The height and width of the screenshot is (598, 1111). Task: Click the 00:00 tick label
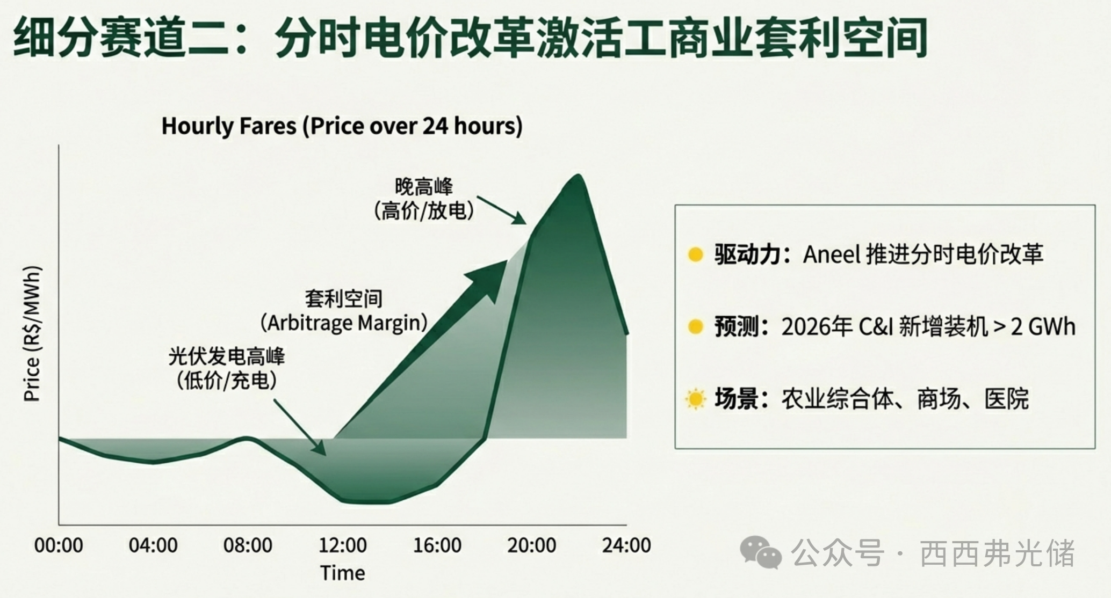[59, 545]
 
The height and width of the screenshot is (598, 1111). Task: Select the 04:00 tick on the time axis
[153, 545]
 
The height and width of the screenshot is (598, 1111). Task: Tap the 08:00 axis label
[248, 545]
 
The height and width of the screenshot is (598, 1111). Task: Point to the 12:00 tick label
[343, 545]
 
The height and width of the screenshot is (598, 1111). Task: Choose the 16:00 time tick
[437, 545]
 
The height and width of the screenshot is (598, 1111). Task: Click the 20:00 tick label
[532, 545]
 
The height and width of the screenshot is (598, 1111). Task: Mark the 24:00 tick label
[626, 545]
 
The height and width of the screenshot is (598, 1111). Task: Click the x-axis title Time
[343, 573]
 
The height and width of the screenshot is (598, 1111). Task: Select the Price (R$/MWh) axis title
[32, 333]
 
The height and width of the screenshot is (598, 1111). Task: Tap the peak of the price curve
[578, 175]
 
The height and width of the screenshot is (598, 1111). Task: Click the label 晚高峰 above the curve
[424, 187]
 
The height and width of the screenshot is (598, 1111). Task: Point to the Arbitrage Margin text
[344, 323]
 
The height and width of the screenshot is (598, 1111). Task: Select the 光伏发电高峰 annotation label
[227, 356]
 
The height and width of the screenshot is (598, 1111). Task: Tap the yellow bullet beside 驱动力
[695, 254]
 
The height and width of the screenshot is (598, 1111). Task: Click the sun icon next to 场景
[695, 399]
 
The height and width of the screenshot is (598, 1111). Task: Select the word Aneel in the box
[832, 254]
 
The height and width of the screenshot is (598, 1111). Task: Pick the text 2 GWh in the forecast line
[1043, 327]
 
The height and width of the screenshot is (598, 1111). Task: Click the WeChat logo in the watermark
[761, 552]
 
